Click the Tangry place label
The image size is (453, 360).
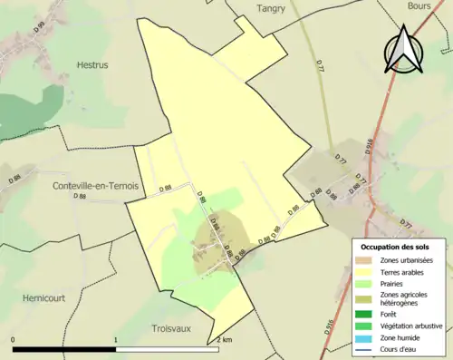click(x=271, y=8)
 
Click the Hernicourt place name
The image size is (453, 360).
click(x=47, y=297)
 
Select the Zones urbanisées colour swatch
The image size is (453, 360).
click(x=362, y=261)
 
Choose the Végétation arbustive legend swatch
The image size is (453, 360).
click(x=362, y=326)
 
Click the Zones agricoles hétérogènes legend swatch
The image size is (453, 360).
click(x=362, y=298)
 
